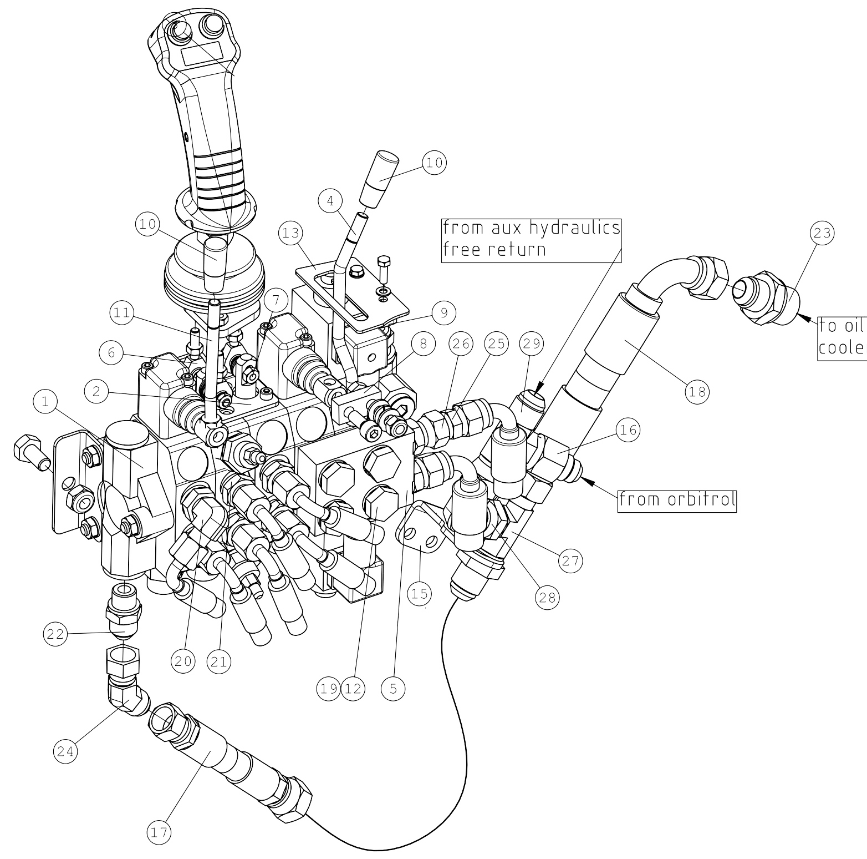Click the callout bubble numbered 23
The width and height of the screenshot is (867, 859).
(822, 233)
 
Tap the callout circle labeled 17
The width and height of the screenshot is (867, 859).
(159, 832)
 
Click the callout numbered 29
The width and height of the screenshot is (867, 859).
(531, 344)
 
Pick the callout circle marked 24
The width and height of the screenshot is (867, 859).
(65, 751)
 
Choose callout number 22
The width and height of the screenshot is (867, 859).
(56, 634)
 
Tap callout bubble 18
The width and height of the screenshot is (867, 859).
(697, 392)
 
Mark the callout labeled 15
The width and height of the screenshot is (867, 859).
(419, 594)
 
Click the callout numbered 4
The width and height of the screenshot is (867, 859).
(331, 201)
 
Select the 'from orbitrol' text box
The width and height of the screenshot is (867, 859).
(677, 500)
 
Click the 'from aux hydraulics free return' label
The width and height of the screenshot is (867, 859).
(531, 239)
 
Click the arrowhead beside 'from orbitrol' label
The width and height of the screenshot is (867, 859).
(591, 483)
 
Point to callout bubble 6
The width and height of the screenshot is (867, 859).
(111, 353)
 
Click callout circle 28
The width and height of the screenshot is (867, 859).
(547, 597)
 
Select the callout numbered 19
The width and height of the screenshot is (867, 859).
(328, 689)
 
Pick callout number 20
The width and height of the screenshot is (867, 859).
(183, 661)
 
